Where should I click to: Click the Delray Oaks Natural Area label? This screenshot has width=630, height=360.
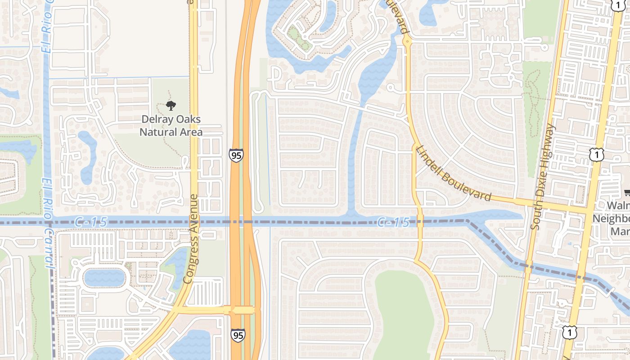tap(171, 126)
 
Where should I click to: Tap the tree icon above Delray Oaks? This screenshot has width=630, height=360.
tap(171, 106)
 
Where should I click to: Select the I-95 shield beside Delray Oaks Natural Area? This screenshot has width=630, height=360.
tap(236, 155)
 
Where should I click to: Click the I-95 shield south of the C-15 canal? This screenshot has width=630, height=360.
tap(238, 335)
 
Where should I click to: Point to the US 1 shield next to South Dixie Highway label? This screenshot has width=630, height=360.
tap(596, 155)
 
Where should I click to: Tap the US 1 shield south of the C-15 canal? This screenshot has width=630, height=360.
tap(569, 332)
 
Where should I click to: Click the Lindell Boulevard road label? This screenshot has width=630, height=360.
tap(453, 173)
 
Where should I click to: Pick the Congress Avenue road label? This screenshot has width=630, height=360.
tap(191, 239)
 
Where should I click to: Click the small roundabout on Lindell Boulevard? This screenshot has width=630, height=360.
tap(407, 41)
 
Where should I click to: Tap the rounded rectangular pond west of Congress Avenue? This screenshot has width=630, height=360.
tap(104, 278)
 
